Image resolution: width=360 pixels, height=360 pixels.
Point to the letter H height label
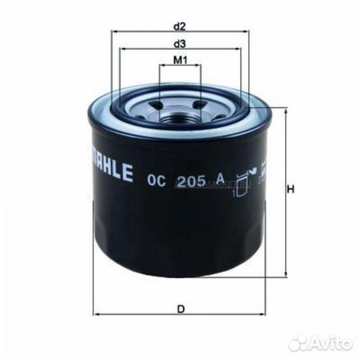pos(291,189)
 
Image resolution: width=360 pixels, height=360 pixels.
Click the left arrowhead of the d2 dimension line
pos(115,32)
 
